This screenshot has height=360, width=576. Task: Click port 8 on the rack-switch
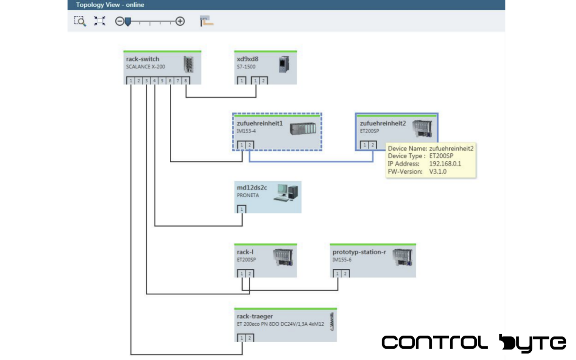coord(186,81)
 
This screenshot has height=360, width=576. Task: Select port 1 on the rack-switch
coord(130,81)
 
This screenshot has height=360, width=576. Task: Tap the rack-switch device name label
coord(142,59)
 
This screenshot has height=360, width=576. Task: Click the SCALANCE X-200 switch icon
coord(189,64)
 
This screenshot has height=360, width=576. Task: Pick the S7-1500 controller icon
coord(284,64)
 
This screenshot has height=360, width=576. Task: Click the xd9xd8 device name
coord(247,59)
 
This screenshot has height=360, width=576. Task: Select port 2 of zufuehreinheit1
coord(249,145)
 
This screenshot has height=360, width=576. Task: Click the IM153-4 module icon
coord(303,129)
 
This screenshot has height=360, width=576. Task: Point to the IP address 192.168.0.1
coord(445,164)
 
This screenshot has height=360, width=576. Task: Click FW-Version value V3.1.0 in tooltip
coord(438,172)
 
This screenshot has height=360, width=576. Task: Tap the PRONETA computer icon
coord(286,193)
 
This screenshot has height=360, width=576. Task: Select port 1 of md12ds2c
coord(241,209)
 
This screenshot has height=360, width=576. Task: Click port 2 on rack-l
coord(249,274)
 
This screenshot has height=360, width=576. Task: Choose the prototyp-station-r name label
coord(359,252)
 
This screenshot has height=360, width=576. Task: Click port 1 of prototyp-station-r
coord(337,274)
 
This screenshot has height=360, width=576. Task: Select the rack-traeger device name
coord(255,316)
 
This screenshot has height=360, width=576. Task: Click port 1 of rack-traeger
coord(241,338)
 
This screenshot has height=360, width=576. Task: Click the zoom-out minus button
coord(119,21)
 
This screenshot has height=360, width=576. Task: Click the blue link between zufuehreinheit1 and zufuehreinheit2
coord(311,162)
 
